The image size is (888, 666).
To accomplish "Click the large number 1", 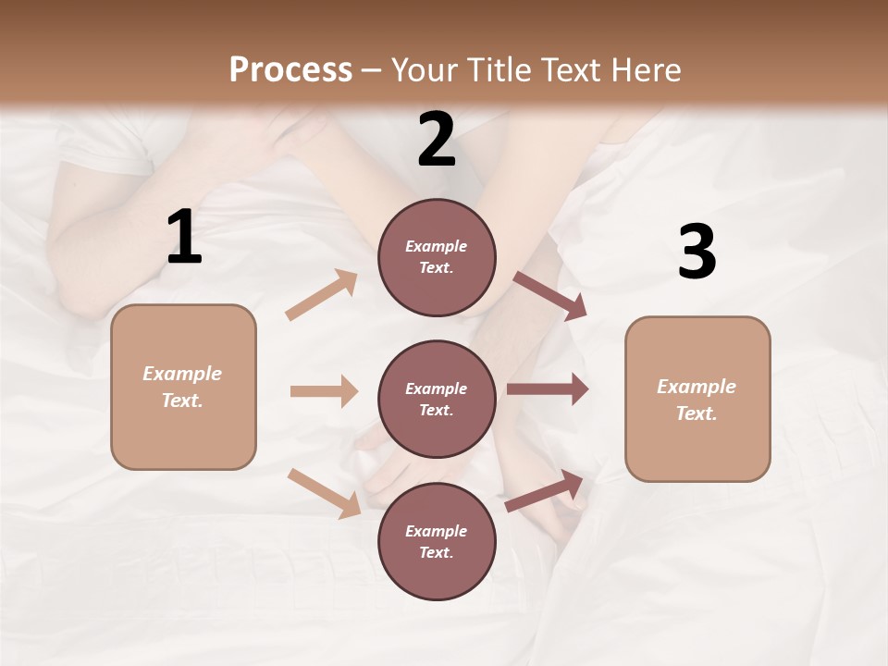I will click(184, 238).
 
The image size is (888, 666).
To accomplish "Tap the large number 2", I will click(437, 140).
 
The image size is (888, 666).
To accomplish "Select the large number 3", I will click(697, 252).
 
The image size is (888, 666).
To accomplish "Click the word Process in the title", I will click(290, 69).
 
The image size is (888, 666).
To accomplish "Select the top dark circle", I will click(437, 257).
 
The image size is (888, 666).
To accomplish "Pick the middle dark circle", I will click(437, 399).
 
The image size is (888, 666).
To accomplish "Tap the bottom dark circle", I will click(437, 541).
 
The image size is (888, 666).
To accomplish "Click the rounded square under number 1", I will click(183, 387).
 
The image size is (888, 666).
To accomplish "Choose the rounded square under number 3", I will click(697, 399).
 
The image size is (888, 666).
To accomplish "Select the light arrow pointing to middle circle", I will click(324, 391).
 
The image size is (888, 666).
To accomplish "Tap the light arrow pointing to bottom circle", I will click(325, 492).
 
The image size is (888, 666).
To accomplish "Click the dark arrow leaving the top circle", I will click(550, 295).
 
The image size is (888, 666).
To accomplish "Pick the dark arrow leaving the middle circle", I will click(548, 389).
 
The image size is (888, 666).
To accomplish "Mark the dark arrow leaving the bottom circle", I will click(545, 491).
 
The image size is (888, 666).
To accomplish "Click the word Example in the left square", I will click(182, 374).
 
